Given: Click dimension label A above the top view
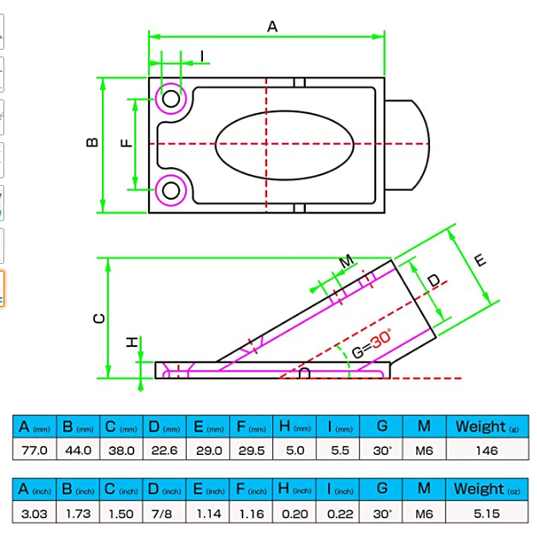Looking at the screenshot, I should point(272,27).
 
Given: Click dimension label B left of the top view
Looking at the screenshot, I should point(92,143).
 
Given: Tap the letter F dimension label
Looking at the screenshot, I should point(126,143).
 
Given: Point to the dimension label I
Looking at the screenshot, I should point(202,57).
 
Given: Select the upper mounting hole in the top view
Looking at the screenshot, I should point(171,99).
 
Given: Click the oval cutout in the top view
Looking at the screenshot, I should point(283,144).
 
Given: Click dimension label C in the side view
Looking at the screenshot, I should point(99,318).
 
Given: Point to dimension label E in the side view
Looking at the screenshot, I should point(480,260).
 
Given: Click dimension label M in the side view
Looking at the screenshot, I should point(346,260).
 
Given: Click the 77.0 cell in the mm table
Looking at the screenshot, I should point(34,450).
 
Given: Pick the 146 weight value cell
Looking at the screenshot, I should point(486,450).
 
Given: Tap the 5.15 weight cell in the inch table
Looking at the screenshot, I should point(486,512).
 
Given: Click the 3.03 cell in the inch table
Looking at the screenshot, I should point(34,512).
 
